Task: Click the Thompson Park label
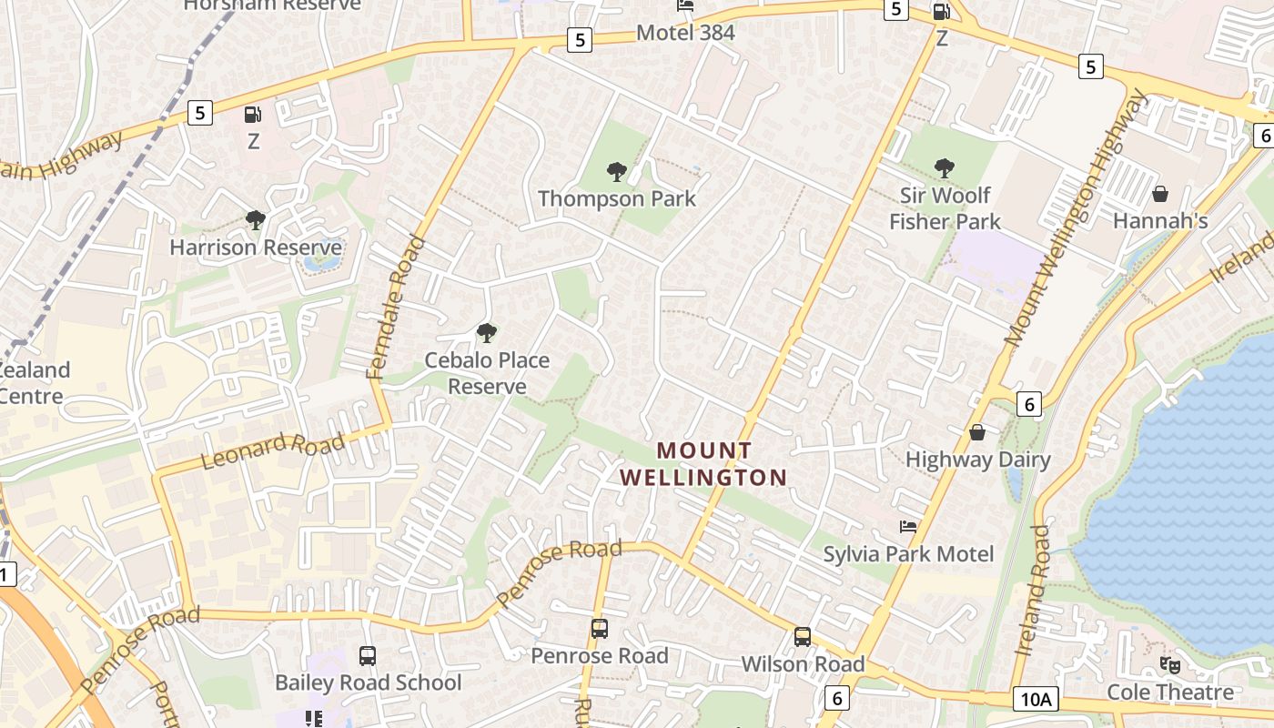(x=616, y=198)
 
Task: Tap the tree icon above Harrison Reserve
(x=256, y=220)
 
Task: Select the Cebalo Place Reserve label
(x=487, y=373)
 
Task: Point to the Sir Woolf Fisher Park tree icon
(x=945, y=168)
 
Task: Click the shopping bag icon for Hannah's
(x=1160, y=194)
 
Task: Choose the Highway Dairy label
(x=977, y=460)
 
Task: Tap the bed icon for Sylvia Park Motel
(x=908, y=527)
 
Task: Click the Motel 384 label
(x=685, y=34)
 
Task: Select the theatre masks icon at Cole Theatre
(x=1169, y=665)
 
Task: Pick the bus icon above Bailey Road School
(x=368, y=656)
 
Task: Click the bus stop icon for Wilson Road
(x=802, y=637)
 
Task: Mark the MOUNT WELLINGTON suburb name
(x=703, y=463)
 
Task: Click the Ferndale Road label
(x=395, y=307)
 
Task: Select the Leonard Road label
(x=272, y=450)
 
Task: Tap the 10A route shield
(x=1036, y=699)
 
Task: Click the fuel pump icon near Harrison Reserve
(x=253, y=115)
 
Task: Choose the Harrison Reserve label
(x=256, y=248)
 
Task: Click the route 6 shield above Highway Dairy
(x=1028, y=404)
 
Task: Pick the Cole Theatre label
(x=1169, y=693)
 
